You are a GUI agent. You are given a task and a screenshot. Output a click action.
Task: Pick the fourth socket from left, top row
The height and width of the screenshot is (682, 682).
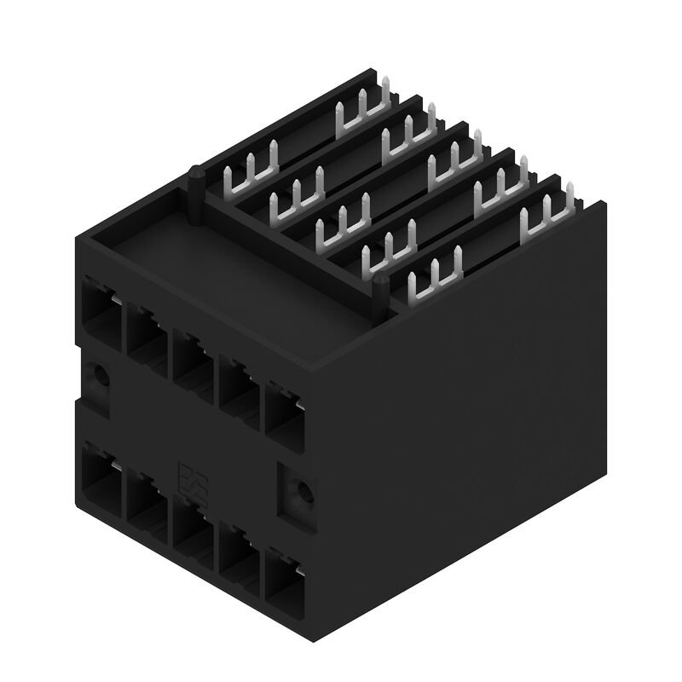point(238,384)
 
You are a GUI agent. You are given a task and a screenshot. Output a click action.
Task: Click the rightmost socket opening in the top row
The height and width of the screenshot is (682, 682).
point(284,410)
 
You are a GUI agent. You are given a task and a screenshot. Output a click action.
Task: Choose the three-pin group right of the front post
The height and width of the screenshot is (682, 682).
point(435,277)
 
